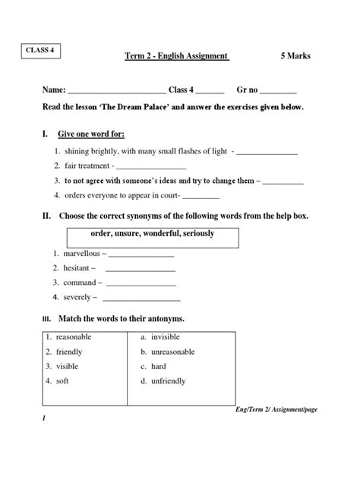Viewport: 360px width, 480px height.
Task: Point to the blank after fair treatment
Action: (150, 166)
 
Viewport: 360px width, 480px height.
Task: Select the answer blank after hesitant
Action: (140, 269)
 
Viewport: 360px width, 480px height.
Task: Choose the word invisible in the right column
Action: (166, 336)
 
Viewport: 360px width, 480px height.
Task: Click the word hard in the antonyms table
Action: (159, 366)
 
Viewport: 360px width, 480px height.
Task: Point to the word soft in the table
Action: (62, 381)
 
